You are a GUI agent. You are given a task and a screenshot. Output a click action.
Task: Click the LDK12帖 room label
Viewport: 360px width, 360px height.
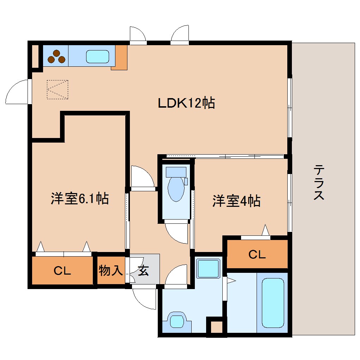tap(186, 103)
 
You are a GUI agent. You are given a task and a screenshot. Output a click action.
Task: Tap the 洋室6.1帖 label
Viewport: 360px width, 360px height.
tap(79, 199)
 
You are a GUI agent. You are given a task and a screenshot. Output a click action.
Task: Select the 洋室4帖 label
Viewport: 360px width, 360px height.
tap(236, 201)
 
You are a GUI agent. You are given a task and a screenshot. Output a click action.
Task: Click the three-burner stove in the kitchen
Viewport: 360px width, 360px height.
tap(56, 57)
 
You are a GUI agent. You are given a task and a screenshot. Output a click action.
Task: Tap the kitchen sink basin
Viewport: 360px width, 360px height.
tap(98, 56)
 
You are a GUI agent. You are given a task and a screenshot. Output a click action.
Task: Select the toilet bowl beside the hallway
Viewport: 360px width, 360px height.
tap(176, 189)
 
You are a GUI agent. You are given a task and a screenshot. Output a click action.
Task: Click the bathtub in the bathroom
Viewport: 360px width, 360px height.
tap(273, 303)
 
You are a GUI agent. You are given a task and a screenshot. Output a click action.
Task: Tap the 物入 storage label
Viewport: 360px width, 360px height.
tap(110, 271)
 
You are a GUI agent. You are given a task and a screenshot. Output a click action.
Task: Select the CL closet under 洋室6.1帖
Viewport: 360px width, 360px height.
tap(62, 271)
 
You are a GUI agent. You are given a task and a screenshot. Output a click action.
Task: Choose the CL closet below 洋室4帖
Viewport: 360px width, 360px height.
tap(257, 254)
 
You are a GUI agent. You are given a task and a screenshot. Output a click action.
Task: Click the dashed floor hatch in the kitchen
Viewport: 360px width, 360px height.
tap(58, 89)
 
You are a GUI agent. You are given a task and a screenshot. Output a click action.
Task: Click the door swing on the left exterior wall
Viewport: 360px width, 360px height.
tap(18, 93)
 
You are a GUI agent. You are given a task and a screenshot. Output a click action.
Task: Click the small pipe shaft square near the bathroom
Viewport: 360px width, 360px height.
tap(216, 327)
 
